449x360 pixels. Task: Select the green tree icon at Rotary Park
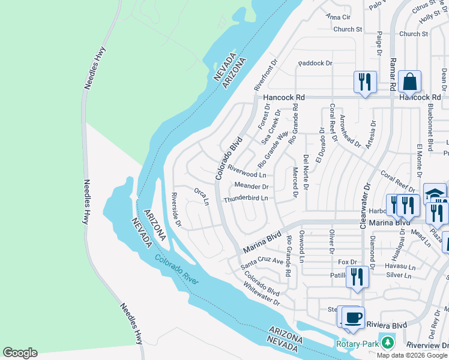coord(388,343)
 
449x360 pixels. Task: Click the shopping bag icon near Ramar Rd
coord(409,81)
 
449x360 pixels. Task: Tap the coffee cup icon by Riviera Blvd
coord(353,316)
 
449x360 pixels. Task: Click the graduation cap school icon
coord(435,194)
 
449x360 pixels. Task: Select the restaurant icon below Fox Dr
coord(357,277)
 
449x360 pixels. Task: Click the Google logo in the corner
coord(20,353)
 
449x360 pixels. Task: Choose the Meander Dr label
coord(251,187)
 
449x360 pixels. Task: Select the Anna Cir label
coord(337,17)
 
